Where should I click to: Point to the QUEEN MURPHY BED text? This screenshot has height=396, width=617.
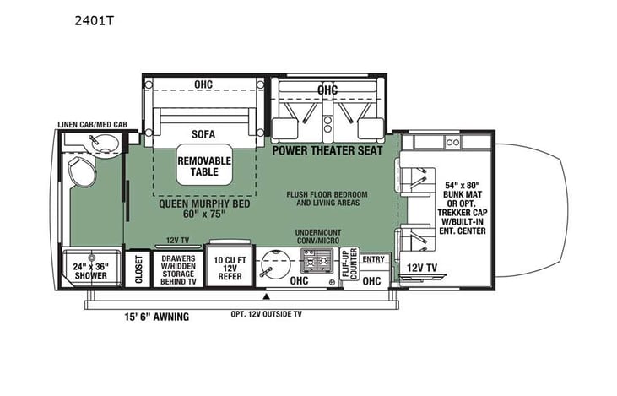click(x=203, y=208)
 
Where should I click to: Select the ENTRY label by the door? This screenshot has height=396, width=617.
click(x=372, y=258)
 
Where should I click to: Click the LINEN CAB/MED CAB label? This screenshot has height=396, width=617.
click(x=92, y=124)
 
